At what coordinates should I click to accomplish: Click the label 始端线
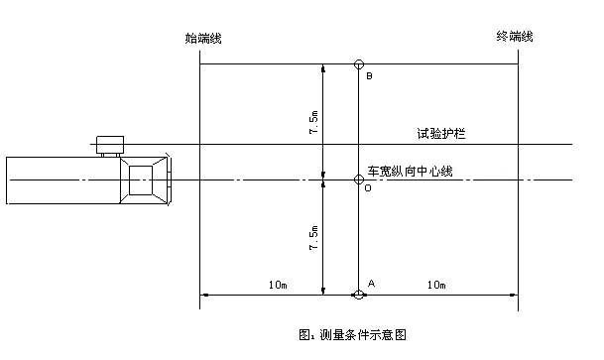click(x=203, y=38)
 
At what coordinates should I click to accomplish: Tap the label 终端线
click(x=515, y=37)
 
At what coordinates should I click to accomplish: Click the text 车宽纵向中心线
click(x=411, y=171)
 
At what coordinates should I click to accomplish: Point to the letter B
click(x=369, y=76)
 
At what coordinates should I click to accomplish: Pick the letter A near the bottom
click(x=371, y=283)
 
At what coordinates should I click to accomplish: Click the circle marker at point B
click(x=359, y=64)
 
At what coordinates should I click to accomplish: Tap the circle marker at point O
click(x=359, y=180)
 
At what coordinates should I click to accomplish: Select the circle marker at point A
click(x=359, y=294)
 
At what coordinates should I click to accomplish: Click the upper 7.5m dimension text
click(x=314, y=124)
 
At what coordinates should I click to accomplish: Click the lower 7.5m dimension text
click(x=314, y=238)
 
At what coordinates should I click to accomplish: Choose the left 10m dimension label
click(x=277, y=285)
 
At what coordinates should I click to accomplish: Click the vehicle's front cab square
click(x=145, y=180)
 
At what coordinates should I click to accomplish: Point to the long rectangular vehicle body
click(x=60, y=180)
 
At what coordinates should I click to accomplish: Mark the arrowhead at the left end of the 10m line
click(x=205, y=294)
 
